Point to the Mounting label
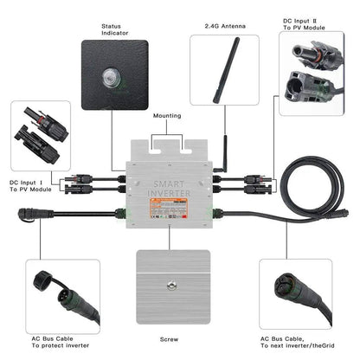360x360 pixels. point(167,114)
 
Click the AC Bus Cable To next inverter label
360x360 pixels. point(312,343)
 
